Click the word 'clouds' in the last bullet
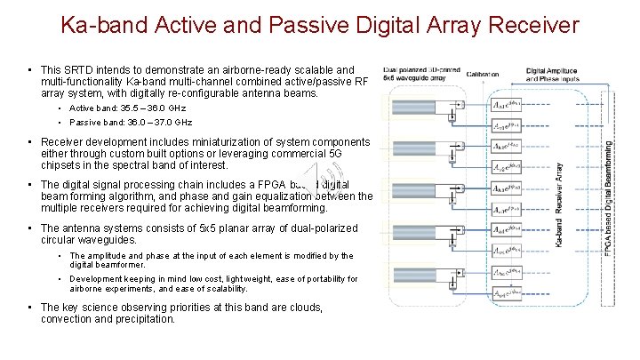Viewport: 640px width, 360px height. click(300, 308)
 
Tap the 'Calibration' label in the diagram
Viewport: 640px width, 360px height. click(486, 75)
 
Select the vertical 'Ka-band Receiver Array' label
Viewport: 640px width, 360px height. click(558, 202)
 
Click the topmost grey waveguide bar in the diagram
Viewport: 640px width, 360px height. click(414, 105)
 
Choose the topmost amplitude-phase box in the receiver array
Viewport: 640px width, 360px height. click(505, 105)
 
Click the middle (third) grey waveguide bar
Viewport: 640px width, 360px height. click(414, 189)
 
